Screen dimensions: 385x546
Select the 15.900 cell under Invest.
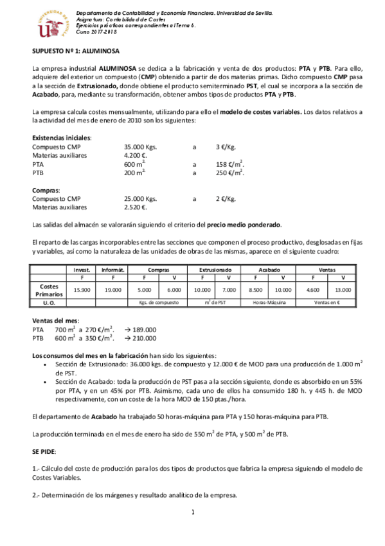[x=82, y=290]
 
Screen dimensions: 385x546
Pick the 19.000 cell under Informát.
[x=113, y=290]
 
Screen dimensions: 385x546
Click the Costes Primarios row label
[x=49, y=290]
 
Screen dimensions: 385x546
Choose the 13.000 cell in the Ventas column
[x=343, y=290]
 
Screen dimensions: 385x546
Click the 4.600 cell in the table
[x=313, y=290]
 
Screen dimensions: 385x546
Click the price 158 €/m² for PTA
[x=229, y=164]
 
